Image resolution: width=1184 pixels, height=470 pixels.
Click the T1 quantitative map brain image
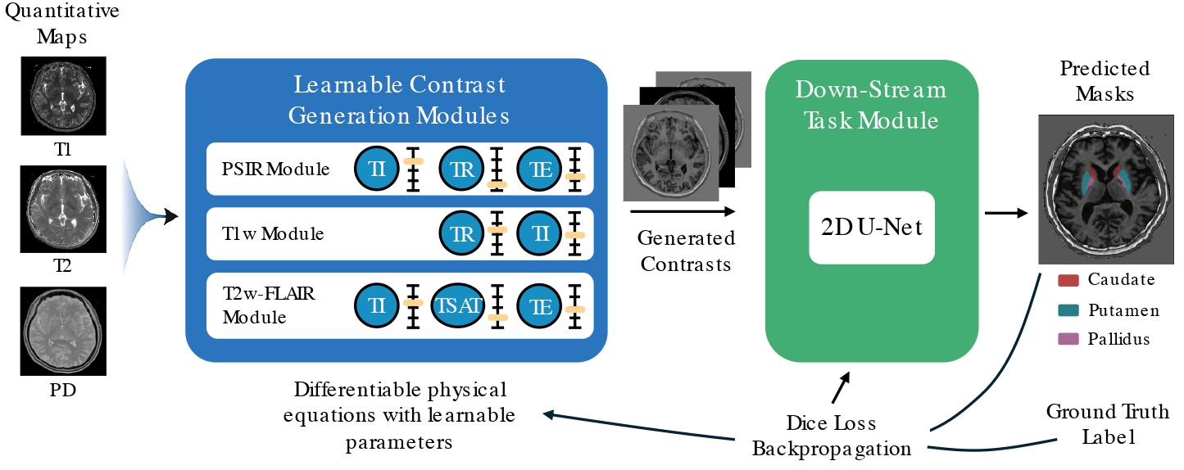pyautogui.click(x=64, y=95)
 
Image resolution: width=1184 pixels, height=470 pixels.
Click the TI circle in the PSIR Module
pyautogui.click(x=375, y=169)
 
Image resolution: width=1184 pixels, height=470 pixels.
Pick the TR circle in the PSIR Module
pyautogui.click(x=462, y=169)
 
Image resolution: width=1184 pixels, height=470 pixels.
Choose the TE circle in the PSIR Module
pyautogui.click(x=539, y=169)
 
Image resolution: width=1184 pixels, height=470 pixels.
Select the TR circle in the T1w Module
pyautogui.click(x=462, y=233)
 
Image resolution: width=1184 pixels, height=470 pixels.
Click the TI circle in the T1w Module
pyautogui.click(x=539, y=233)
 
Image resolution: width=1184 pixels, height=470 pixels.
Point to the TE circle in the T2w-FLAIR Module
pyautogui.click(x=539, y=306)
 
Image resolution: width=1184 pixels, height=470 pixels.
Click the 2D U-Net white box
pyautogui.click(x=872, y=227)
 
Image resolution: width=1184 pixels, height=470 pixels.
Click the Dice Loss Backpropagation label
pyautogui.click(x=831, y=436)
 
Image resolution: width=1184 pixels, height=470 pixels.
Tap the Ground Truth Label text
pyautogui.click(x=1108, y=423)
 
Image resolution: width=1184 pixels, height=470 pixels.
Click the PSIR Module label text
pyautogui.click(x=274, y=170)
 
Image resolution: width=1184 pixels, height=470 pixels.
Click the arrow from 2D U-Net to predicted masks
pyautogui.click(x=1006, y=215)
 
